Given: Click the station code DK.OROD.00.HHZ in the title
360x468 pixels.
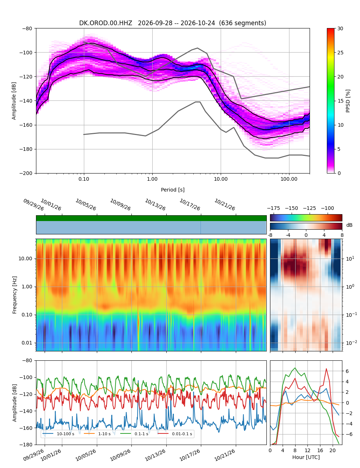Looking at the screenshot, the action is click(105, 23).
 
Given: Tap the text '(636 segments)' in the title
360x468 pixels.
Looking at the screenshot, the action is click(242, 23).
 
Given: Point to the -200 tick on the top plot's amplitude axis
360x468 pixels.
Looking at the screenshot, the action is click(27, 173).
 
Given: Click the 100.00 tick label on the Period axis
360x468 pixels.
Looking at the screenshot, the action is click(289, 179).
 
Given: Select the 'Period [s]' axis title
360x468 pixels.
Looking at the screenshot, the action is click(172, 190).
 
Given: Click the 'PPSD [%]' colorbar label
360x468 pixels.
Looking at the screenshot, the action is click(347, 101).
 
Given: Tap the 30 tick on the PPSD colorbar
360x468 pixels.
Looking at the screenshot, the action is click(340, 28).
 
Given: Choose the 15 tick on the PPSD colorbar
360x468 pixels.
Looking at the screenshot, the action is click(340, 101).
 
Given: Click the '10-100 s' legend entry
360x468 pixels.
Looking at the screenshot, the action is click(58, 434).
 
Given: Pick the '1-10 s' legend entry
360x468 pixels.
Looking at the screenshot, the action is click(98, 434).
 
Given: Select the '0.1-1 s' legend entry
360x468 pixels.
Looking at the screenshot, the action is click(134, 434).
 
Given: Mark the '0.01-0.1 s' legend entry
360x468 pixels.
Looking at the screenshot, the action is click(175, 434).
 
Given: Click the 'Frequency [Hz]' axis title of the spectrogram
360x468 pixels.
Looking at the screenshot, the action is click(14, 295).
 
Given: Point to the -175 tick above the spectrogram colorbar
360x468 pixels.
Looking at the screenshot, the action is click(274, 208).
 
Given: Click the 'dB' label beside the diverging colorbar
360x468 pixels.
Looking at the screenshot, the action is click(349, 225).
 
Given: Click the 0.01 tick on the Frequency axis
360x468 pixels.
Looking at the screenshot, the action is click(27, 343).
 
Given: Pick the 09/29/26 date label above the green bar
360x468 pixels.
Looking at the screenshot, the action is click(33, 204).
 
